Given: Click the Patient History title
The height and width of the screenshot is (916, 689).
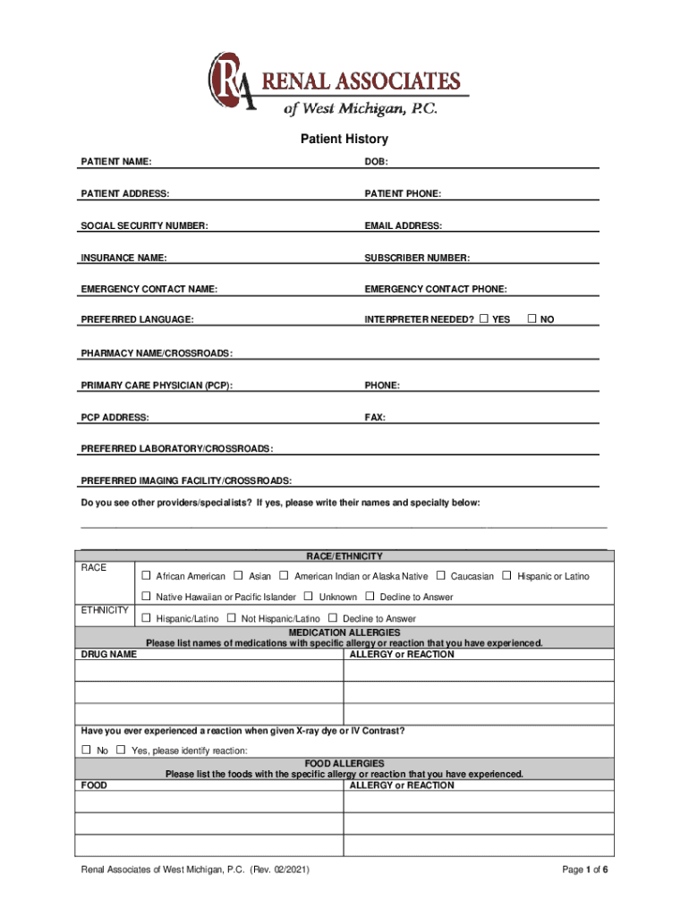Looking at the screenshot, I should [x=344, y=140].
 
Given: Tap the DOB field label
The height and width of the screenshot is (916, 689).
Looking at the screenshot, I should [x=375, y=162].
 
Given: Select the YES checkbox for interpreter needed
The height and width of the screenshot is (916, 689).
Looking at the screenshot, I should [x=484, y=318].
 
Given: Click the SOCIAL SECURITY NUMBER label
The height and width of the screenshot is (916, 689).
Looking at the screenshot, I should [x=144, y=226].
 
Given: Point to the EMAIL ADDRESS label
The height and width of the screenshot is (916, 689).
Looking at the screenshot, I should [x=403, y=226].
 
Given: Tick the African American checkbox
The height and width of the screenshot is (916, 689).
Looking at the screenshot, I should [x=147, y=575].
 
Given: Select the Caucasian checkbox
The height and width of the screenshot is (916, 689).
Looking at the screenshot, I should [x=441, y=575].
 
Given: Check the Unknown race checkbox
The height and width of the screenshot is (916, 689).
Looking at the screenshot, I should [x=309, y=596].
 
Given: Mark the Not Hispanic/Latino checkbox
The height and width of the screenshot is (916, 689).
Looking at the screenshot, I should [x=232, y=618].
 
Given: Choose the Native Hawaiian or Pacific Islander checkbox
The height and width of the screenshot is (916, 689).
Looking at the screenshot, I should [x=147, y=596].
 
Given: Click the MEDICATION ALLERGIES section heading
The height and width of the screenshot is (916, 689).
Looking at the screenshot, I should [x=344, y=632].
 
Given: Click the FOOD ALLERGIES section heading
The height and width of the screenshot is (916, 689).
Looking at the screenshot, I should [x=344, y=763].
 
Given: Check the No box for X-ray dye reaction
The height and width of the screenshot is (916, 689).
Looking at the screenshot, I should [x=87, y=750].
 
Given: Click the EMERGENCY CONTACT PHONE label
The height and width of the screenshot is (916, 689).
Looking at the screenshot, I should [x=435, y=289].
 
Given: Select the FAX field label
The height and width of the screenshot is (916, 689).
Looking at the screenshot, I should [x=375, y=417].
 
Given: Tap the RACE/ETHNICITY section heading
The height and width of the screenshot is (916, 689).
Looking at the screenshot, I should [x=344, y=556].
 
